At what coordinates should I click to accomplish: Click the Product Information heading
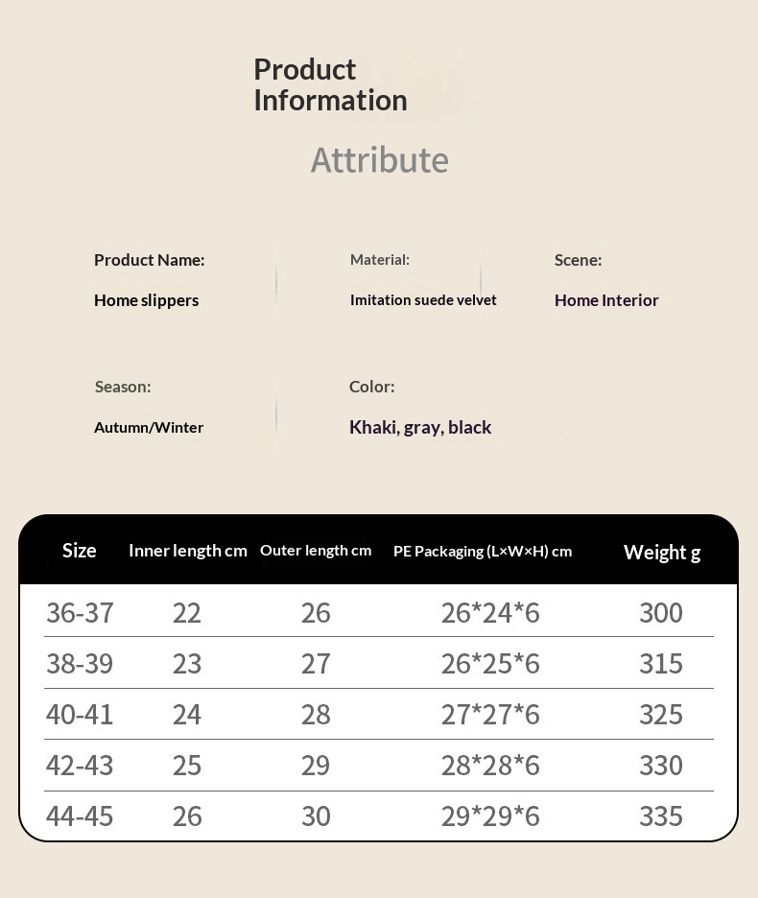pos(330,84)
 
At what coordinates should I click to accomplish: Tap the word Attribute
pos(379,159)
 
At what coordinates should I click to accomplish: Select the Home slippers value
pos(146,300)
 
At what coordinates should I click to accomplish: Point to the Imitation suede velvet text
pos(423,300)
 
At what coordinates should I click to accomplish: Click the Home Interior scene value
pos(606,300)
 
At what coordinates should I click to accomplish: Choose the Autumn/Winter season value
pos(149,427)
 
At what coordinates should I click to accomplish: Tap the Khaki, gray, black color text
pos(420,427)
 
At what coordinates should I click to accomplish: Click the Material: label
pos(379,259)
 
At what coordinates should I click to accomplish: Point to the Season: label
pos(123,387)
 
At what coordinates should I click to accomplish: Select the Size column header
pos(79,550)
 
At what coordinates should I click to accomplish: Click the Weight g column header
pos(662,552)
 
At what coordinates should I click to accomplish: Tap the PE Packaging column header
pos(483,551)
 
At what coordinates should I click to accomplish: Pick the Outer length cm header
pos(316,550)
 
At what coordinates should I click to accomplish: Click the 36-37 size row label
pos(80,612)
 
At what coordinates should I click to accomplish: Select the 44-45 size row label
pos(80,815)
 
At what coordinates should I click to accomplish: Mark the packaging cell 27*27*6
pos(490,714)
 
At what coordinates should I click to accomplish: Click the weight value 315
pos(661,663)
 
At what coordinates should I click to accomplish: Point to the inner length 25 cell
pos(187,765)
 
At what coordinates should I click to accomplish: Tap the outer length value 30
pos(316,815)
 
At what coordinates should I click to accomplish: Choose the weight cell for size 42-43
pos(661,765)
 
